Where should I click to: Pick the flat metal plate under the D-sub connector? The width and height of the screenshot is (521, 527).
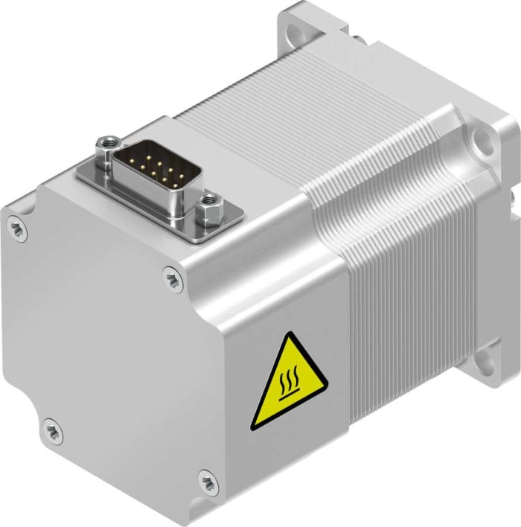pyautogui.click(x=223, y=216)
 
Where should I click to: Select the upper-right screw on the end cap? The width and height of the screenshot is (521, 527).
pyautogui.click(x=173, y=277)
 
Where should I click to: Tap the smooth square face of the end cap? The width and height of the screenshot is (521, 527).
pyautogui.click(x=104, y=335)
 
